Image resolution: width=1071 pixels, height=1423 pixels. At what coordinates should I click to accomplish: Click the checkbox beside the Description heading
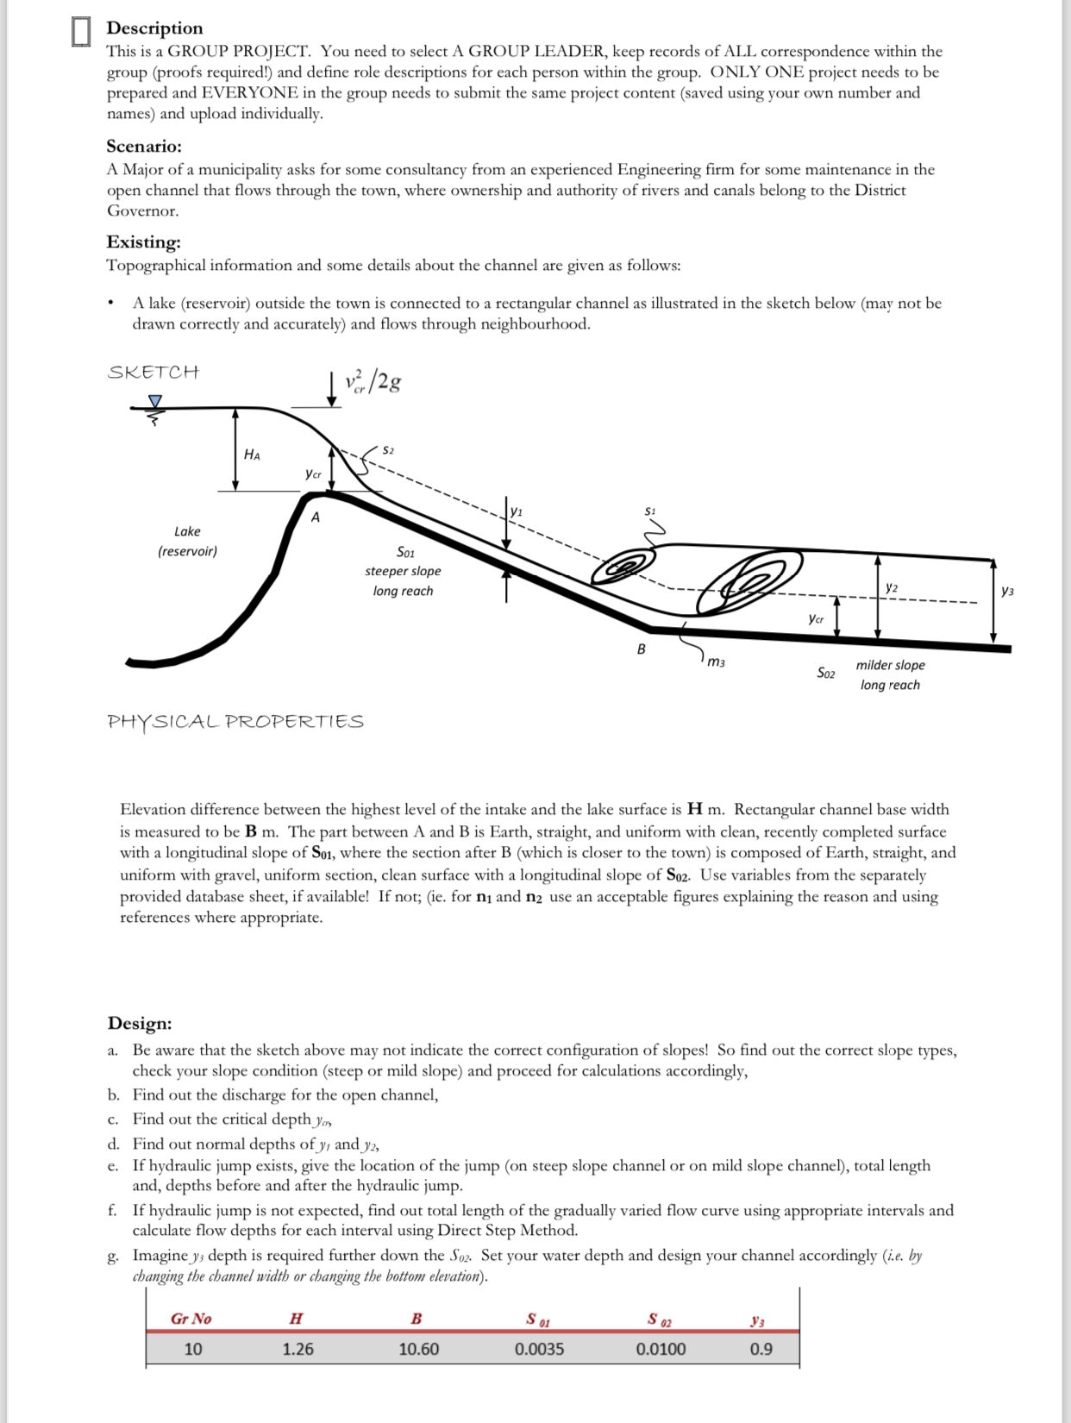(80, 31)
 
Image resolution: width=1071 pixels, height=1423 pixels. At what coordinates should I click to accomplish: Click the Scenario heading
(144, 146)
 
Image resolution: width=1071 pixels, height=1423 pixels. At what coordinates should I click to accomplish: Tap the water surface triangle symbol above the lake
(155, 401)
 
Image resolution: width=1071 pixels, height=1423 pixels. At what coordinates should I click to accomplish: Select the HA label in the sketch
(252, 454)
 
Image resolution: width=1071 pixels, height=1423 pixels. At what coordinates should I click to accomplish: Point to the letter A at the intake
(316, 517)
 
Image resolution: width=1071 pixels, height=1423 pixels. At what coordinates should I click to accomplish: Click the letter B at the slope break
(641, 649)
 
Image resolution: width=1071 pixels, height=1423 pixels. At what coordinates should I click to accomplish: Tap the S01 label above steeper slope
(405, 552)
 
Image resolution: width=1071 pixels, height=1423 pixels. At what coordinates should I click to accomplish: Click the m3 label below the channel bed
(716, 662)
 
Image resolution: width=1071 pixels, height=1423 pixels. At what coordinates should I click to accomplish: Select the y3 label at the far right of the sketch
(1007, 591)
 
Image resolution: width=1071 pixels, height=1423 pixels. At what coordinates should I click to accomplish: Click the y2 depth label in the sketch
(892, 586)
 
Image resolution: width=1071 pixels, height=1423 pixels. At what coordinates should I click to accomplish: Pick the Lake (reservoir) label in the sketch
(187, 541)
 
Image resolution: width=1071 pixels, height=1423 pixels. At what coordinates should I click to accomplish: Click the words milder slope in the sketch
(890, 665)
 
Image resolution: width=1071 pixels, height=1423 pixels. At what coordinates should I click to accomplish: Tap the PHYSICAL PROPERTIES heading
(235, 721)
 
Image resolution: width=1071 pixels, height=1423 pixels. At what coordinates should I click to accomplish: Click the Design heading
(140, 1023)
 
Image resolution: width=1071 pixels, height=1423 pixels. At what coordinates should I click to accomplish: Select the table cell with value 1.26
(298, 1349)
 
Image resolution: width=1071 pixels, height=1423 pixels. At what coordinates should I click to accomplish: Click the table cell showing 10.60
(418, 1349)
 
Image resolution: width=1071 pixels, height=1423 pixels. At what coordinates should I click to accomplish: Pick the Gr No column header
(191, 1319)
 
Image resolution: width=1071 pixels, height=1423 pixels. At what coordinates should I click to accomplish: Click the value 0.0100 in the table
(661, 1349)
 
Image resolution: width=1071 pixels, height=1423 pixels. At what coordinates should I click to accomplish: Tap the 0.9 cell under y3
(761, 1349)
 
